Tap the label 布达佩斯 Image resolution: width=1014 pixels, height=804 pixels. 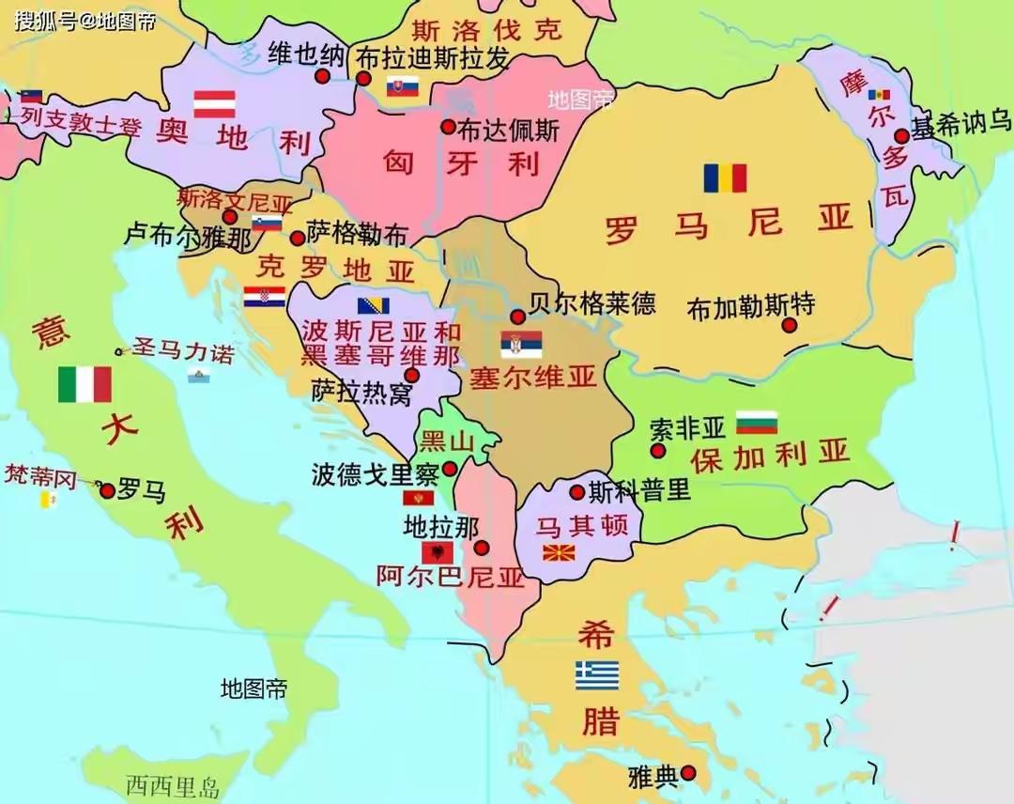click(x=508, y=129)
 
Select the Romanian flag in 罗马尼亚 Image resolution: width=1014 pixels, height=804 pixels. click(x=725, y=178)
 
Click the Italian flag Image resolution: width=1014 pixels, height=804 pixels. click(x=84, y=384)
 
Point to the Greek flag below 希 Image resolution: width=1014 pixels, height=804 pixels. click(x=597, y=675)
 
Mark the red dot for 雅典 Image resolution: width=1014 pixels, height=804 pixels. click(x=688, y=773)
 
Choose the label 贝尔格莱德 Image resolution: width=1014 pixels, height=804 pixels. click(x=592, y=303)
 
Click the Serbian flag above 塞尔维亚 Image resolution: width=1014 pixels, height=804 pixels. click(x=521, y=344)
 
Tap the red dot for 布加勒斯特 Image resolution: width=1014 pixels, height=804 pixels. click(x=790, y=325)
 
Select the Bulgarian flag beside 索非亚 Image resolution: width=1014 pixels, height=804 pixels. click(x=757, y=423)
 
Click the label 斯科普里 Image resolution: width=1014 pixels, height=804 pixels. click(x=638, y=490)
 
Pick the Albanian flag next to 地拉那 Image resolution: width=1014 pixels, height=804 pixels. click(x=437, y=552)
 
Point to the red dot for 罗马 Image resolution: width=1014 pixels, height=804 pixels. click(x=107, y=490)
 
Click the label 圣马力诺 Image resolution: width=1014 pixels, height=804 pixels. click(x=182, y=351)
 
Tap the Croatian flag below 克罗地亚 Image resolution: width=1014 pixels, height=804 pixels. click(x=264, y=297)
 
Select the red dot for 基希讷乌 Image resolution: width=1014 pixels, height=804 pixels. click(x=901, y=135)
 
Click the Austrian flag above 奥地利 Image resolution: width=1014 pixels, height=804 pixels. click(x=214, y=103)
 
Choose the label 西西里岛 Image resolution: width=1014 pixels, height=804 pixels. click(x=174, y=785)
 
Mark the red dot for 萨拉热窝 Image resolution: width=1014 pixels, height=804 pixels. click(x=411, y=376)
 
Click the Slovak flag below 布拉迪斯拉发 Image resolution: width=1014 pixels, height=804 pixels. click(x=402, y=87)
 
